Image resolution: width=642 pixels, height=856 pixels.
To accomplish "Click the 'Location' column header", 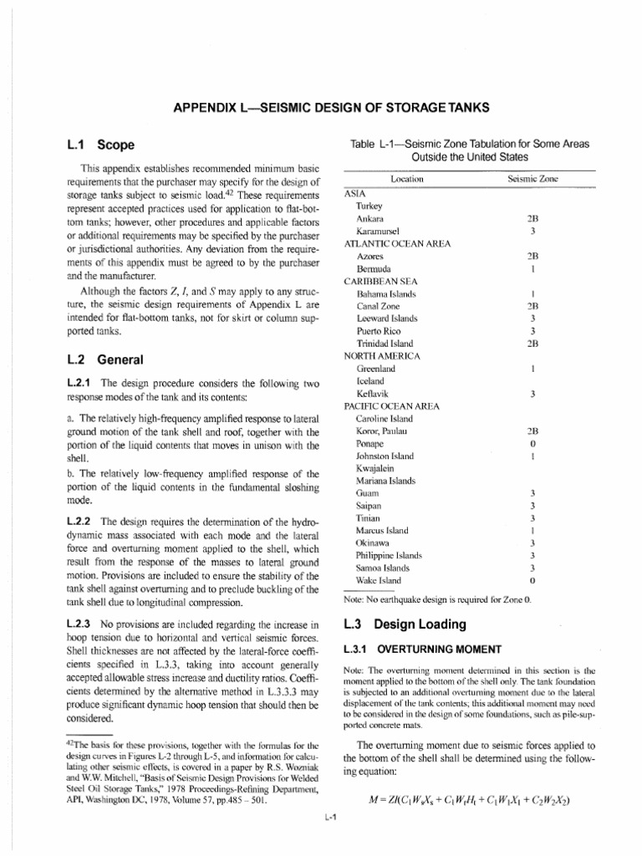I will pyautogui.click(x=406, y=179).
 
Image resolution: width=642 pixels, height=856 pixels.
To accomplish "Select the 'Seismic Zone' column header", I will pyautogui.click(x=532, y=179).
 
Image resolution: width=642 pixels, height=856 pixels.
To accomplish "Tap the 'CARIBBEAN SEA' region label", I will pyautogui.click(x=381, y=282).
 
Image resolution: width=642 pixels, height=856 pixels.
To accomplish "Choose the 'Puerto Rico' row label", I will pyautogui.click(x=379, y=331).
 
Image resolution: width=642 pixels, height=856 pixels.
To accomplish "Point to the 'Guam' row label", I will pyautogui.click(x=368, y=494).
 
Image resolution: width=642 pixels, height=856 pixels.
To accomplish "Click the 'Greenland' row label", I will pyautogui.click(x=376, y=368).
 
